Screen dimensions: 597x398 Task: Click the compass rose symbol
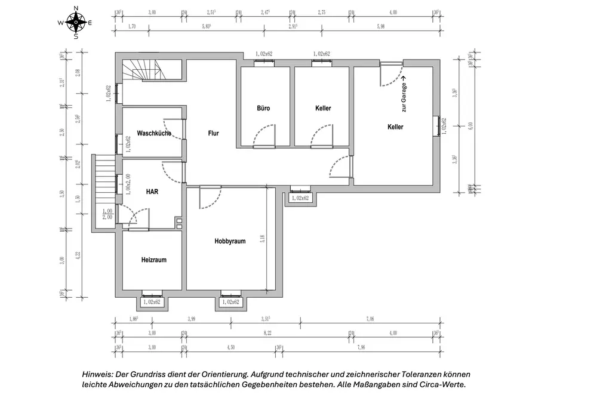point(76,23)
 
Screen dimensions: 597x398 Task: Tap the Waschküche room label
point(154,133)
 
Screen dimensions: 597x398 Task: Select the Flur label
point(213,134)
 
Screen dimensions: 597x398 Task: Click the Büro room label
point(263,109)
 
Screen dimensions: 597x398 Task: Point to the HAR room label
point(152,192)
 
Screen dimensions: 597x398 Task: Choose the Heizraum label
point(153,260)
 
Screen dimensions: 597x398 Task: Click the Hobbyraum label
point(230,241)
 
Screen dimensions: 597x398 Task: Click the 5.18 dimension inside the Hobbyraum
point(262,239)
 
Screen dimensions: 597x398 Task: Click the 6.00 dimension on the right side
point(470,126)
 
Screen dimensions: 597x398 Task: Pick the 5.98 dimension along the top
point(380,27)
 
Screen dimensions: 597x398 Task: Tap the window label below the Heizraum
point(152,303)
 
